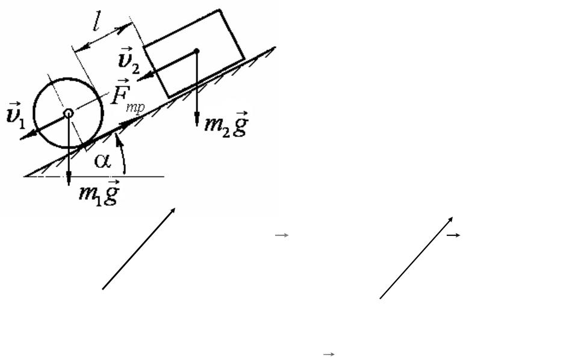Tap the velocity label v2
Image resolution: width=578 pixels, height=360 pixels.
pyautogui.click(x=129, y=60)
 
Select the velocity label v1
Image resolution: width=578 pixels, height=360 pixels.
pyautogui.click(x=16, y=116)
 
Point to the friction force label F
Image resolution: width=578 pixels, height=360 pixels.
pyautogui.click(x=119, y=92)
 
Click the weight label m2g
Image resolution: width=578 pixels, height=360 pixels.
pyautogui.click(x=226, y=123)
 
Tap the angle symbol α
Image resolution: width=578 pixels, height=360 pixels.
pyautogui.click(x=102, y=161)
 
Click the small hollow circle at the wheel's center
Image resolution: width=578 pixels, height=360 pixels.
pyautogui.click(x=69, y=114)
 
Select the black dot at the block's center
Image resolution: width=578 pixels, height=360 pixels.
pyautogui.click(x=196, y=51)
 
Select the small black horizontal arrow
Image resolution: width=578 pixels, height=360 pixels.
pyautogui.click(x=453, y=235)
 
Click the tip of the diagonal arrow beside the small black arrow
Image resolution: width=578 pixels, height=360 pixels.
pyautogui.click(x=452, y=218)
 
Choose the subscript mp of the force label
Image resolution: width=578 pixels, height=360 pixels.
pyautogui.click(x=135, y=108)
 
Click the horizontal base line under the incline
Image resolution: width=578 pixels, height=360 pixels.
pyautogui.click(x=94, y=176)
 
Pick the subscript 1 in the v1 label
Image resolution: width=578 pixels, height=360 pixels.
pyautogui.click(x=22, y=124)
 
